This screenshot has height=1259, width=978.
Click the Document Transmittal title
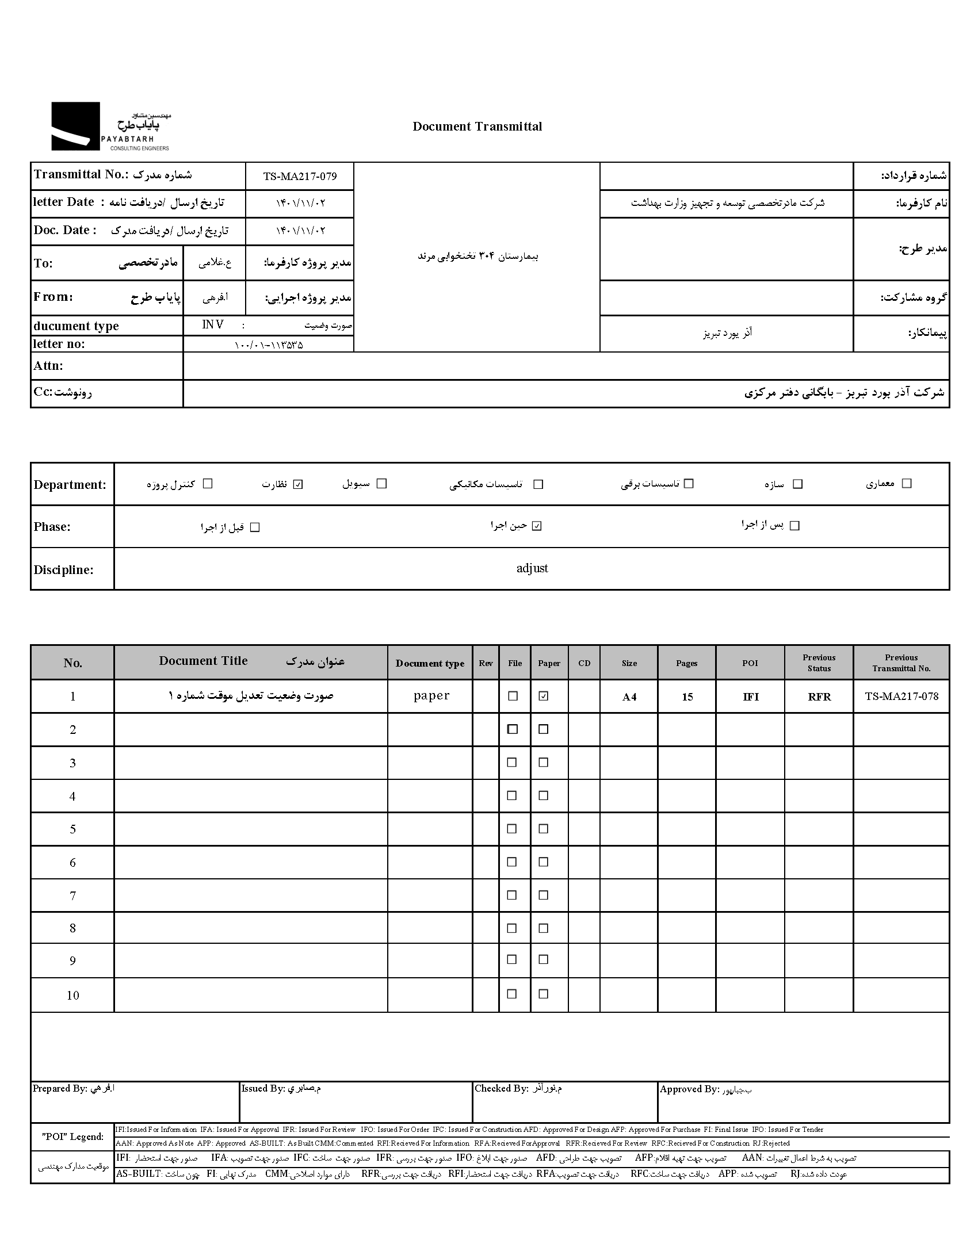477,127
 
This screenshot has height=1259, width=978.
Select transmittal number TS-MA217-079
300,177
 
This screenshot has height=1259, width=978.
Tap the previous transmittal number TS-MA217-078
901,697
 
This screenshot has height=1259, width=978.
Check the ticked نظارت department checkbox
297,484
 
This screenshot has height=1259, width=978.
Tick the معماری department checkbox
907,484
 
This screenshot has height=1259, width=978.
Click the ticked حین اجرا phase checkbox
537,526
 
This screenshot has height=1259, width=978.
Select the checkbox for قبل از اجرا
255,527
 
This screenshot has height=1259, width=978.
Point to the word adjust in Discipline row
532,568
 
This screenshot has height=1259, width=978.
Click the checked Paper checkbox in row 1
543,697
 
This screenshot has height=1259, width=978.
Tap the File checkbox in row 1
513,697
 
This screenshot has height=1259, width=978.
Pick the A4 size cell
629,697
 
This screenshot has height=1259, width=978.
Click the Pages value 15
687,697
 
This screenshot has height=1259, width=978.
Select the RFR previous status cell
819,697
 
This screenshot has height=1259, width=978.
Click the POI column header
750,663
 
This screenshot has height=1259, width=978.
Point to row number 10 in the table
72,996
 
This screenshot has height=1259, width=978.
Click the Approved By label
689,1089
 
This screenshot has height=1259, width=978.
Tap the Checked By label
501,1088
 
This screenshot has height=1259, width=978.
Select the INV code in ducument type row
213,325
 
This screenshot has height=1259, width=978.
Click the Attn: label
48,366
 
